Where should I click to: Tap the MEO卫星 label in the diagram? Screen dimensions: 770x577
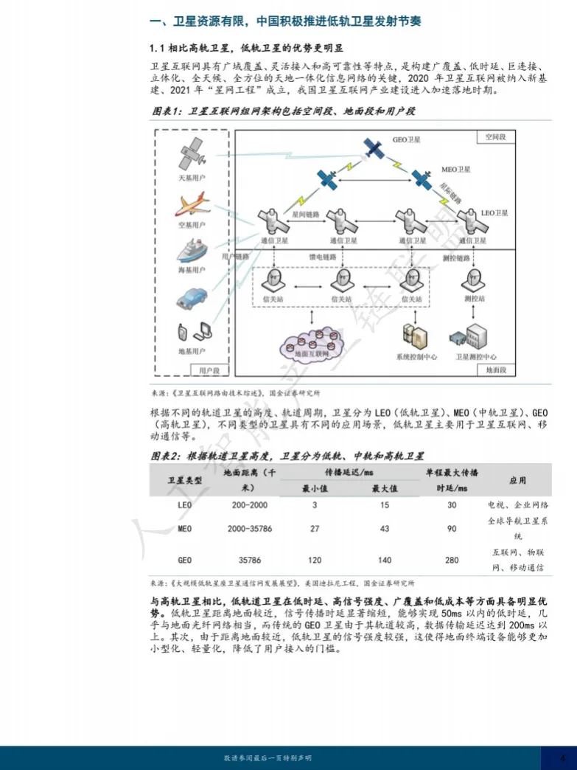(455, 170)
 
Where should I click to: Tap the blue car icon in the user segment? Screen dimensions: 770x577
(192, 297)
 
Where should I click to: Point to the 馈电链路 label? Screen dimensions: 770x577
(322, 257)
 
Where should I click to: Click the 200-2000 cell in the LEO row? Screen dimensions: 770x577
(248, 505)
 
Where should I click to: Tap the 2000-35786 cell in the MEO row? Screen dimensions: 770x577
(250, 529)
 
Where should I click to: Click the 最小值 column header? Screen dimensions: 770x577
(315, 488)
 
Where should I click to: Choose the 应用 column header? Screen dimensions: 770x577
(517, 480)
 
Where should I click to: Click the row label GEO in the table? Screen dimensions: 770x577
(185, 561)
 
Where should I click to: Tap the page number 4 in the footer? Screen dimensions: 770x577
(562, 758)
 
